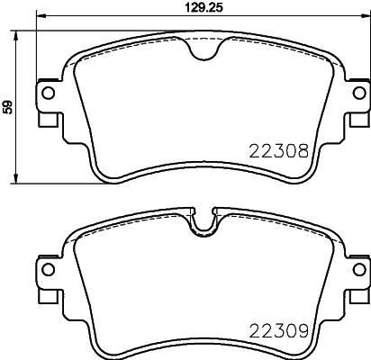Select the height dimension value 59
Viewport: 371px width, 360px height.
[8, 106]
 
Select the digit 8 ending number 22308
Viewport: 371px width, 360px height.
[306, 154]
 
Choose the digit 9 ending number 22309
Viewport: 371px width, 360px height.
[306, 331]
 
